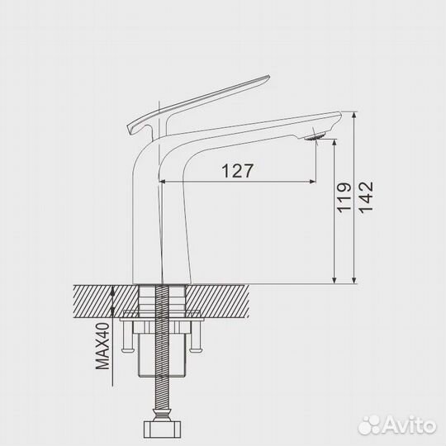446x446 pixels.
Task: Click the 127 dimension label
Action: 237,171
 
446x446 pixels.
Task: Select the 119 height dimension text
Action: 344,198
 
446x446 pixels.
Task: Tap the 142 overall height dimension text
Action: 366,197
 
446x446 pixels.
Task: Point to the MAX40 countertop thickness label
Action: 102,346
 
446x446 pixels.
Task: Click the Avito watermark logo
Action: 397,426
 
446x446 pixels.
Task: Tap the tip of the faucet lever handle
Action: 268,77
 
